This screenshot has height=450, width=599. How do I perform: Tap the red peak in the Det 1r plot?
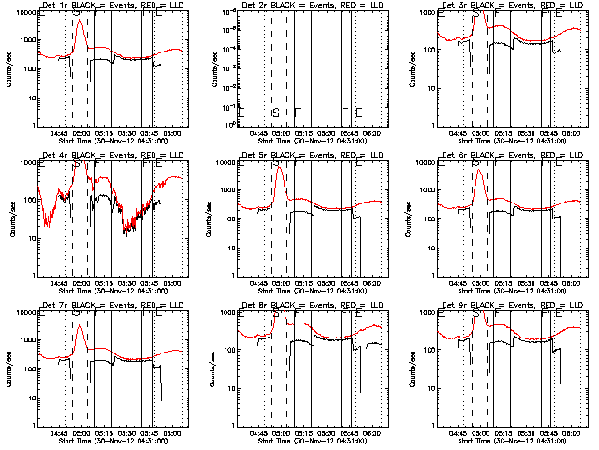click(x=81, y=20)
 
